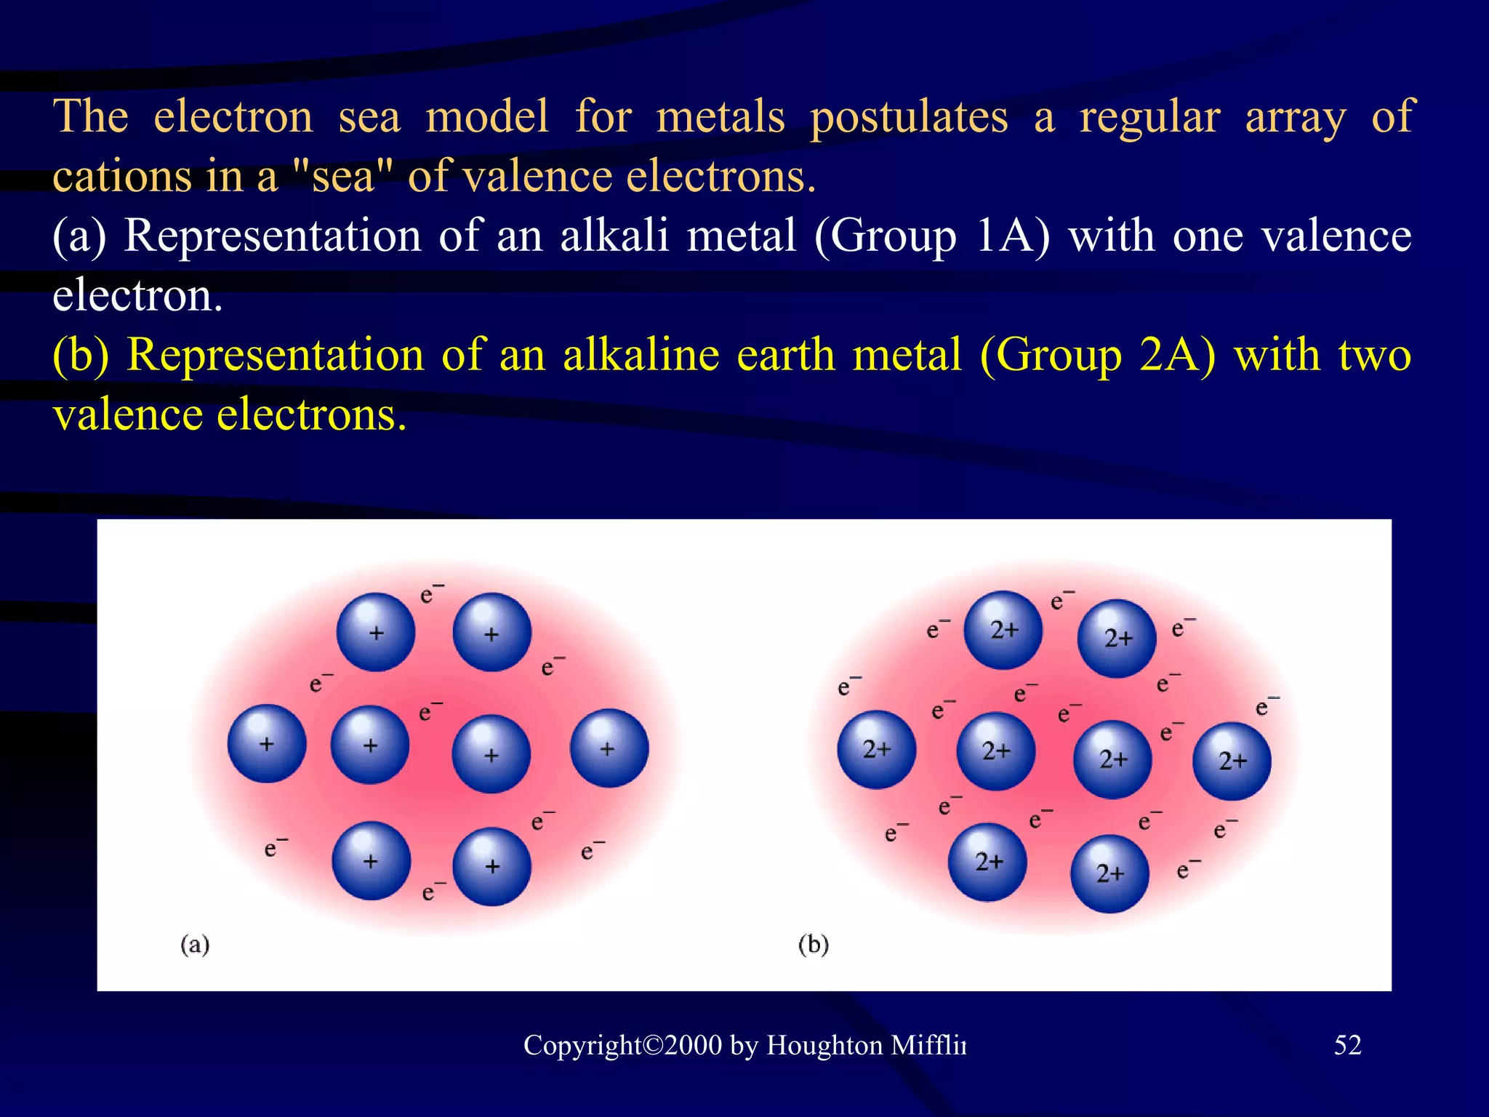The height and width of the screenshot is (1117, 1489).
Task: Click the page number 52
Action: [x=1347, y=1045]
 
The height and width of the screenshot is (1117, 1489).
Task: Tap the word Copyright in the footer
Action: [x=582, y=1046]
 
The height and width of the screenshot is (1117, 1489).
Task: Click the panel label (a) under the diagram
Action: [x=195, y=945]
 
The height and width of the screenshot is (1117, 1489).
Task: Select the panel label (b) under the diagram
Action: [x=813, y=945]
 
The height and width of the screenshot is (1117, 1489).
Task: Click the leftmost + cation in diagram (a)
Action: [x=267, y=744]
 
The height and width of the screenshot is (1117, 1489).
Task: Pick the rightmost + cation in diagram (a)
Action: [x=609, y=748]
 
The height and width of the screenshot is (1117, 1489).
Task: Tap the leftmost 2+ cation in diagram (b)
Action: [x=877, y=750]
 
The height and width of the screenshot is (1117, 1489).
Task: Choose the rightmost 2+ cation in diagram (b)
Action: [x=1232, y=761]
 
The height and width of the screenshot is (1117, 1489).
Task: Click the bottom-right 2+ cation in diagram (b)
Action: [x=1110, y=873]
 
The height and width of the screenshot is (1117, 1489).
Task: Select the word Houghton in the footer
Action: [x=824, y=1046]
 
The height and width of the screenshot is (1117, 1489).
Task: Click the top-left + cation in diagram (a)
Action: [x=376, y=632]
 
